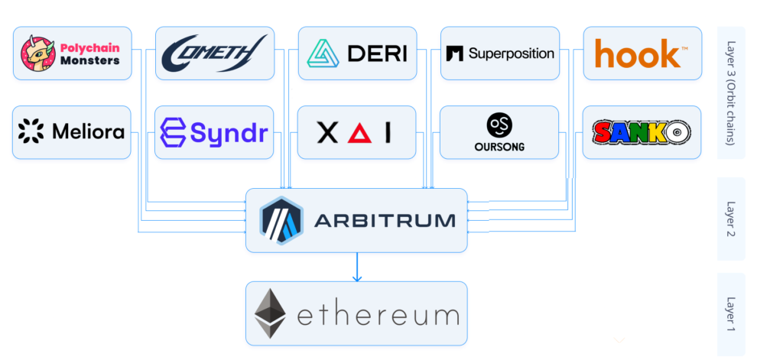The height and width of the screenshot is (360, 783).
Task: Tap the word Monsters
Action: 89,60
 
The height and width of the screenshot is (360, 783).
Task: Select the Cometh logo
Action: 214,53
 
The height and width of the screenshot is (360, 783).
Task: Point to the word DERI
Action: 377,54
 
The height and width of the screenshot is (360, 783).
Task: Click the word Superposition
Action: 511,54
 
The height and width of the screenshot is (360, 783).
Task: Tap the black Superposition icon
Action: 455,54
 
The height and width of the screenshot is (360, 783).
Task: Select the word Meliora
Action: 88,132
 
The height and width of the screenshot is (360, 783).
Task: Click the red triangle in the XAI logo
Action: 356,134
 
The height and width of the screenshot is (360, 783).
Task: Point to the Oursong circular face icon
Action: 499,125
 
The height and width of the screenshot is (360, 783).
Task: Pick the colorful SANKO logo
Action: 641,133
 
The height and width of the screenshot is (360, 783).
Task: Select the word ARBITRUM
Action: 384,221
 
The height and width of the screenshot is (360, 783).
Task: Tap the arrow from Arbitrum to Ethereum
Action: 356,268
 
